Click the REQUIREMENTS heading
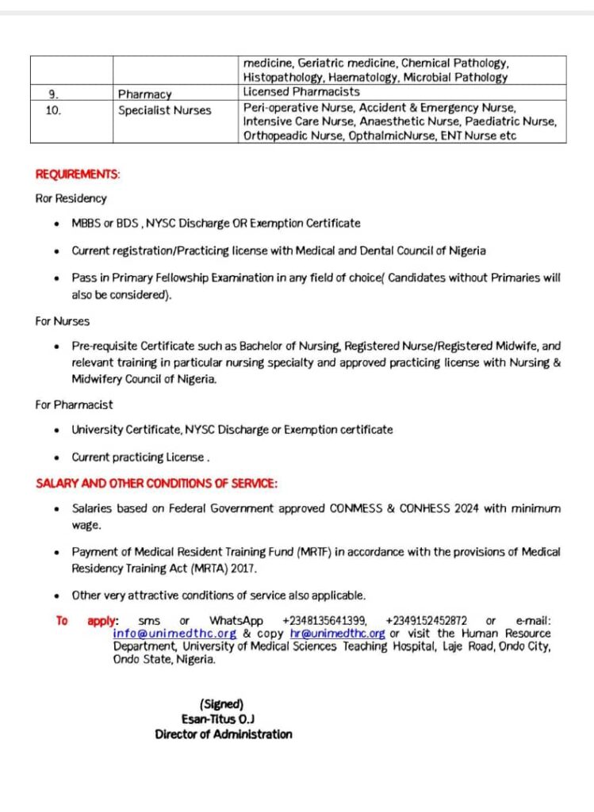(x=78, y=174)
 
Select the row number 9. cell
(x=53, y=94)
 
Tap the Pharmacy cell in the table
(x=144, y=94)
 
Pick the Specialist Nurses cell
(x=165, y=110)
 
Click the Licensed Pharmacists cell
(x=301, y=92)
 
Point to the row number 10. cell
(x=53, y=110)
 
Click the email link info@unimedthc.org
(x=174, y=634)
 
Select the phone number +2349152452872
(x=426, y=620)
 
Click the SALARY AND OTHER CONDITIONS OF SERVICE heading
(x=156, y=483)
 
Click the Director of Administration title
(x=223, y=734)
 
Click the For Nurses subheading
(x=62, y=321)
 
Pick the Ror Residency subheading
(x=71, y=198)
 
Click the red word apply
(x=102, y=620)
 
